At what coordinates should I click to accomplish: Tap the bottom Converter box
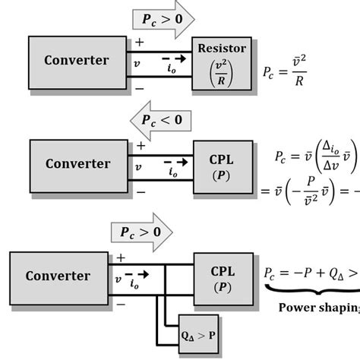(x=58, y=276)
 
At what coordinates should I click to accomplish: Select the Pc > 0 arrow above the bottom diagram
(x=144, y=232)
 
